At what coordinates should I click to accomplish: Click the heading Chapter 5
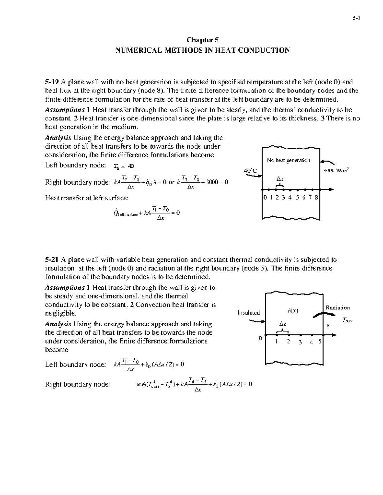point(202,40)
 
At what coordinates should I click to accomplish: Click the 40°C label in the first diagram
point(251,171)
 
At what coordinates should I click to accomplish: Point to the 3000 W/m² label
point(336,171)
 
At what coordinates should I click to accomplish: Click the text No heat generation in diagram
point(289,160)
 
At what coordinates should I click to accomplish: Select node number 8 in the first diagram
point(316,197)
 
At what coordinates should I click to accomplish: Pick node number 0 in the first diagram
point(265,197)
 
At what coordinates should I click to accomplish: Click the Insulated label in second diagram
point(249,313)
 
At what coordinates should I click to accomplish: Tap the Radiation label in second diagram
point(338,308)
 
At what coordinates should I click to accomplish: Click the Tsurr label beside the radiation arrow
point(347,320)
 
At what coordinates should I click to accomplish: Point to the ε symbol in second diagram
point(328,326)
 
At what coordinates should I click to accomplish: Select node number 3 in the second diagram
point(300,343)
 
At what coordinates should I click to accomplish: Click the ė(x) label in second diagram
point(293,311)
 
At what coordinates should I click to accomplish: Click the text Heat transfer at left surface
point(86,198)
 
